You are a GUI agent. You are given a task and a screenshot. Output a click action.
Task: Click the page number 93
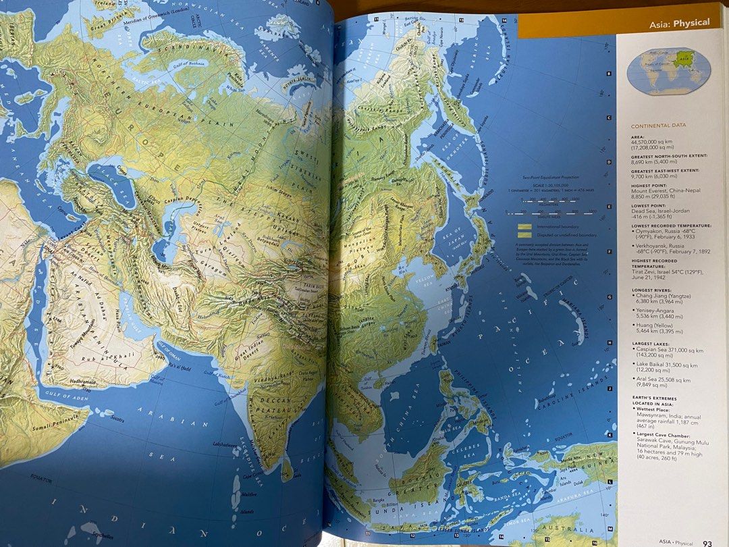[x=707, y=541]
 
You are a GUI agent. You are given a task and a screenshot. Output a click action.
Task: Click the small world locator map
[x=668, y=70]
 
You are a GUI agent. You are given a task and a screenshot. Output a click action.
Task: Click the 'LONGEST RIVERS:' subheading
[x=656, y=290]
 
